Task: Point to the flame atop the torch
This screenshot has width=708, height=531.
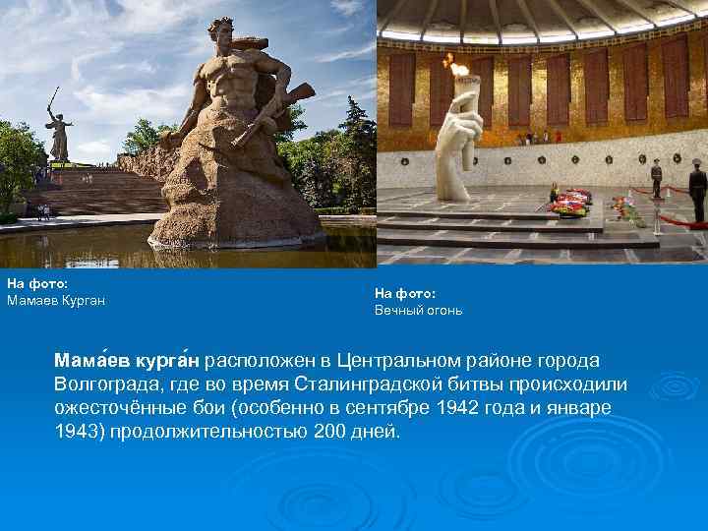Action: [456, 69]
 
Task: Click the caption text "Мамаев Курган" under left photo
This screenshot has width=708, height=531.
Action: [56, 300]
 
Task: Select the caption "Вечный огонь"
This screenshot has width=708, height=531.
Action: [418, 310]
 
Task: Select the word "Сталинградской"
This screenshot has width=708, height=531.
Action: [355, 383]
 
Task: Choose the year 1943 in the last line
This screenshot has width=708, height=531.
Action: [75, 431]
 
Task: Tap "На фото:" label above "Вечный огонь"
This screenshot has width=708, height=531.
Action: [405, 292]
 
